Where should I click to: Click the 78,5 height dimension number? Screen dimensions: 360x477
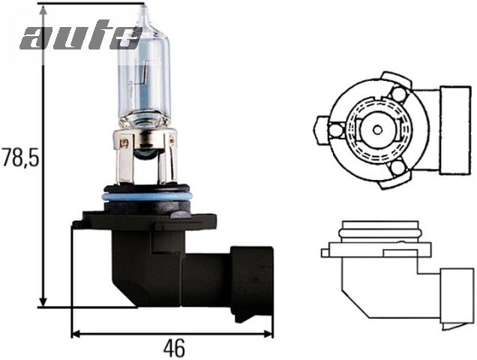(x=20, y=158)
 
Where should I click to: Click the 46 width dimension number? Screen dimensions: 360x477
(x=173, y=348)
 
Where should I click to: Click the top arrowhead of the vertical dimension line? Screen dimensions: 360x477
(x=43, y=10)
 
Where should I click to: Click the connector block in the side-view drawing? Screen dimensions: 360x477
(x=456, y=297)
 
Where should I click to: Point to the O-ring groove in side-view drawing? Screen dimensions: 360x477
(x=378, y=232)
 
